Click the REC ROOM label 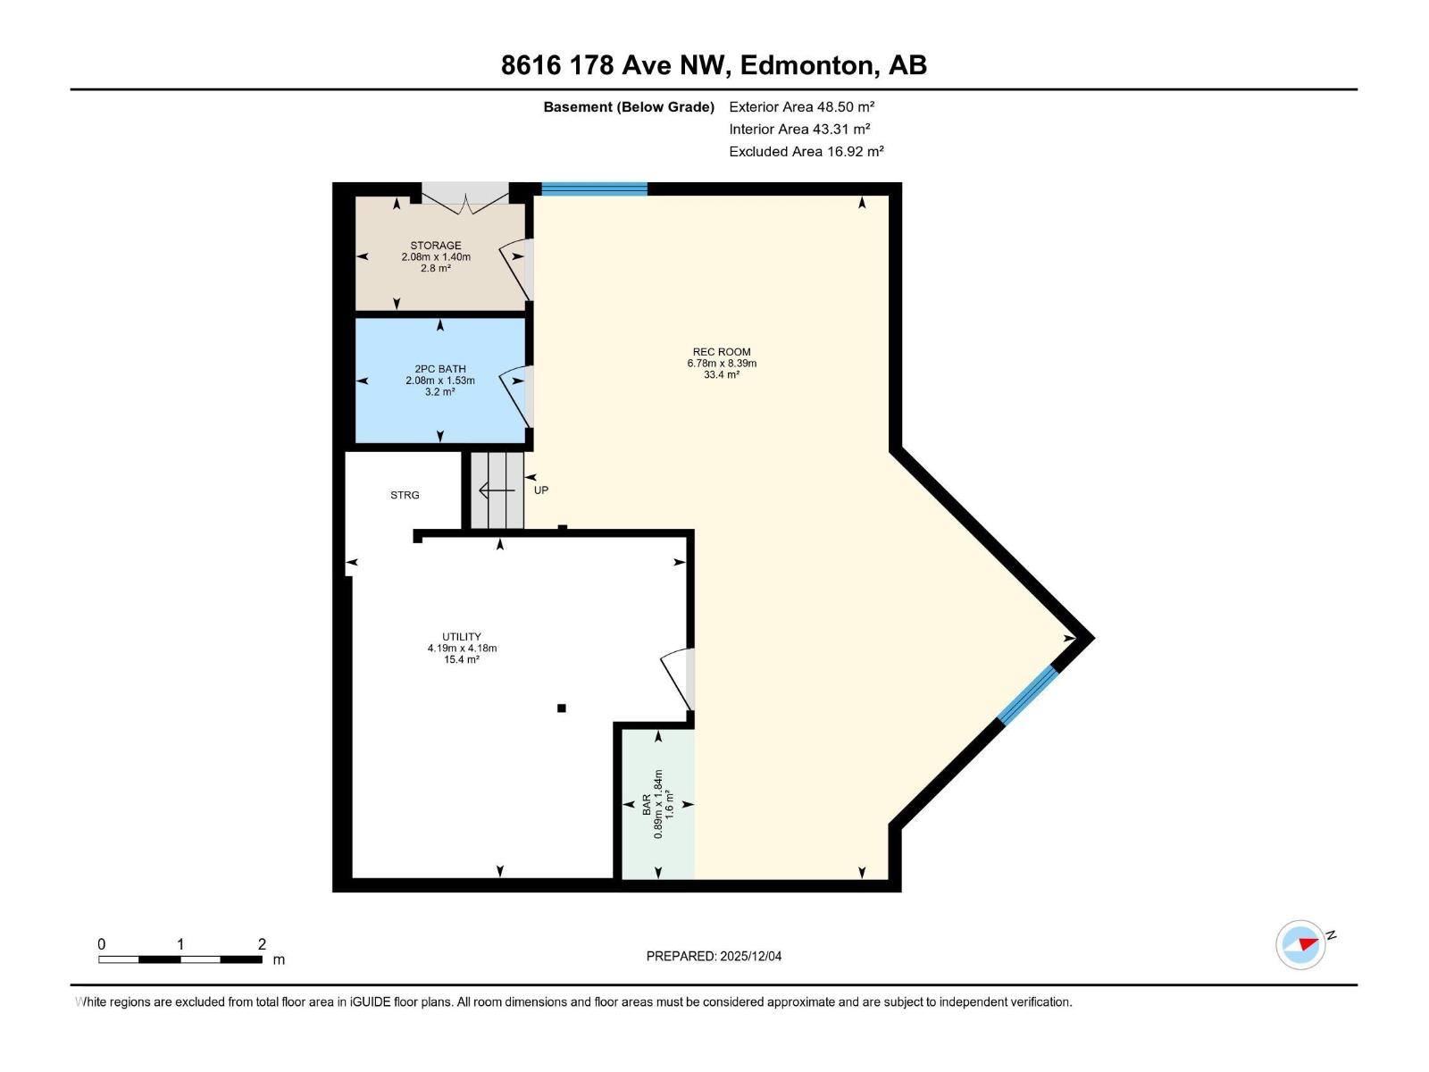722,352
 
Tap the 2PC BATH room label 440,369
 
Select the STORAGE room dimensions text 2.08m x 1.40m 436,257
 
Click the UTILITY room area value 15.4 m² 462,660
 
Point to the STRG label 405,495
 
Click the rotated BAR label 647,805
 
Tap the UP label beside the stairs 541,490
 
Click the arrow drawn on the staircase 497,490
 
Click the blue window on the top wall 594,188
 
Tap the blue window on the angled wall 1027,695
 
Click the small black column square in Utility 562,708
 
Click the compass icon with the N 1300,945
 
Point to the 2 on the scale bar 262,944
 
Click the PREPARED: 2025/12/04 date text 714,956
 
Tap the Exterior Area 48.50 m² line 801,106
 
